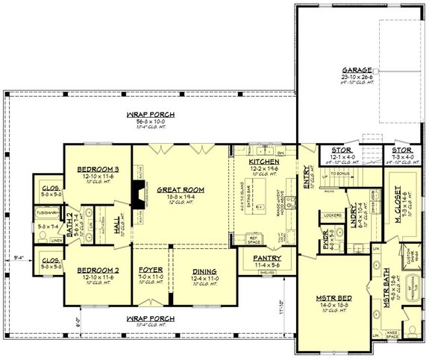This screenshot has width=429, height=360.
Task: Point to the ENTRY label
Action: point(306,177)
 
